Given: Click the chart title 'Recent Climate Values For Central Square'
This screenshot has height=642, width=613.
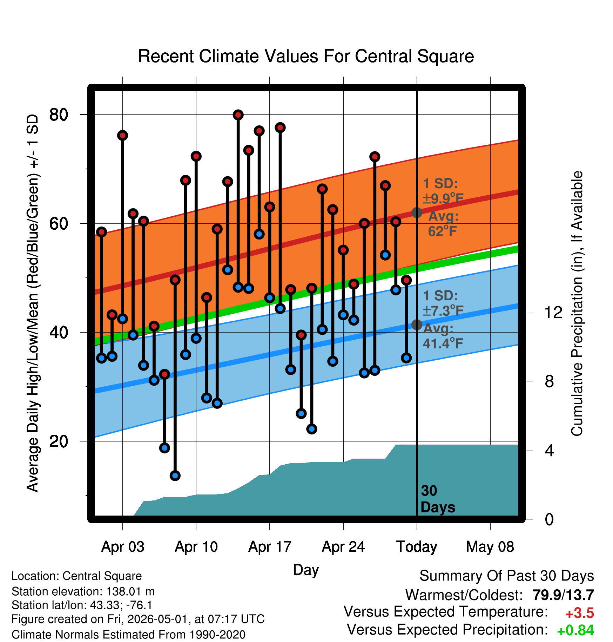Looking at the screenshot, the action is pos(306,56).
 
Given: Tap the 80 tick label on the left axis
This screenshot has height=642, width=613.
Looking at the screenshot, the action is pos(59,114).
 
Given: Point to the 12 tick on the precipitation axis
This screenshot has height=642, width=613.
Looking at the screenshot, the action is pos(553,312).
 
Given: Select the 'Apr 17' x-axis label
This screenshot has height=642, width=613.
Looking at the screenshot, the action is pos(270,547).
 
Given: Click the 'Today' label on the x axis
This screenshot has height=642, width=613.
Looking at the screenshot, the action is pos(417,547).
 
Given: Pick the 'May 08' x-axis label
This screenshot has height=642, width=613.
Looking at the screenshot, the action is pos(490,547).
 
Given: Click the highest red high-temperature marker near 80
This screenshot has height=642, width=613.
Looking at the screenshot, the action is pos(238,115).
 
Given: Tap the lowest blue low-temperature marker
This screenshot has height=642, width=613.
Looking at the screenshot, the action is pos(175,476).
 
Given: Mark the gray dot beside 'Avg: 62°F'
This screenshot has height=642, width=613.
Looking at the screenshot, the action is pos(417,212).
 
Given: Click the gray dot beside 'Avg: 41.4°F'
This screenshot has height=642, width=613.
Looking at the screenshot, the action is pos(417,325).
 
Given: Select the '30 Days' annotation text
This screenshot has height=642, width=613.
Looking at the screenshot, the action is pos(438,499).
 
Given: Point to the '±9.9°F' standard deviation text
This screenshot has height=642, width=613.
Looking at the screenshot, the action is pos(443,199).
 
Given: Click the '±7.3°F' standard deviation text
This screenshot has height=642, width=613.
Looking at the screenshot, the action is pos(443,311).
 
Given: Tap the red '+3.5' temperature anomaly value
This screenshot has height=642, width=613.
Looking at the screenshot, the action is pos(580,613).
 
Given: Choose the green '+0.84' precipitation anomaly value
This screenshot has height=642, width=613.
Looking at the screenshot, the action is pos(575,630).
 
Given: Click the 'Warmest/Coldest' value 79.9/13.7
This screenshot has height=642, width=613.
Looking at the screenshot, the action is pos(563,595).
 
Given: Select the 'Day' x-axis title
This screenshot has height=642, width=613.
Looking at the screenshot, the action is pos(306,570).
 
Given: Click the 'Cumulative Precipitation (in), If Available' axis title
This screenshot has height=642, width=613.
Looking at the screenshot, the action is pos(577,303).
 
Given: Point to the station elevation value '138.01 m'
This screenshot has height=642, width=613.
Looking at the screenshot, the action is pos(130,591).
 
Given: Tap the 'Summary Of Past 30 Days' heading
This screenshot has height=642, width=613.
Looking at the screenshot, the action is pos(507,576).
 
